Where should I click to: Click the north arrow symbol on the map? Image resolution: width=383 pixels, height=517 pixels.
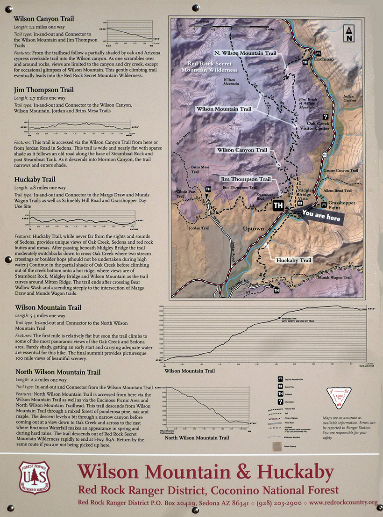click(348, 32)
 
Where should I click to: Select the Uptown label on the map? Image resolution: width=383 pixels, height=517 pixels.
click(254, 229)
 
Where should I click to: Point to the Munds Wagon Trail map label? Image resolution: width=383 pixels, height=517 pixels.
click(334, 277)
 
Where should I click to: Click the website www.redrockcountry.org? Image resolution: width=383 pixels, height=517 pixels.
click(343, 502)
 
